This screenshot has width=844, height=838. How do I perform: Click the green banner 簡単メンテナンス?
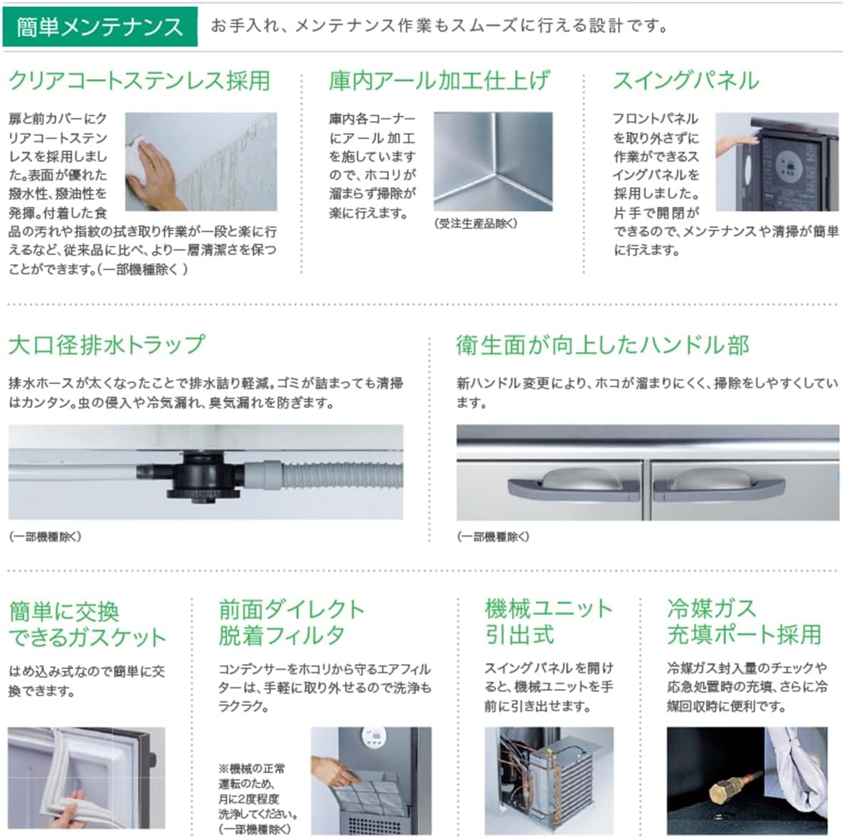click(100, 27)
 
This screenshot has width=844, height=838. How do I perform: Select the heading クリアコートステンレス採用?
click(139, 80)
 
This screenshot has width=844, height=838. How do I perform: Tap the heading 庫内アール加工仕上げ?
click(439, 80)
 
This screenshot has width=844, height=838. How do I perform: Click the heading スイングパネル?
click(685, 80)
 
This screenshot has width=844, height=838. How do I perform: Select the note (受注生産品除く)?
click(475, 223)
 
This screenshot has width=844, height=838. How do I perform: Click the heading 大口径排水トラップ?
click(107, 345)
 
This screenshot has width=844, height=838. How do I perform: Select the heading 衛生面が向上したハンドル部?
click(602, 345)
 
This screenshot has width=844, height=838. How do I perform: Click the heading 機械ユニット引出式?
click(547, 621)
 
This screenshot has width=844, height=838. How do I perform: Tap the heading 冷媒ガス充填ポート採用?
click(743, 621)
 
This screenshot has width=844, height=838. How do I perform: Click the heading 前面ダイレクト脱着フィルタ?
click(292, 621)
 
